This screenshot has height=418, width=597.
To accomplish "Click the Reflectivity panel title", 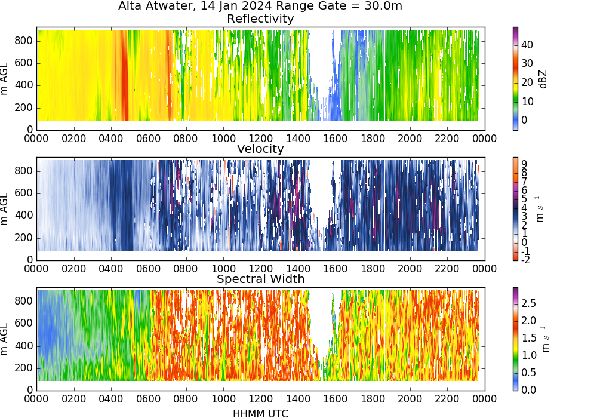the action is click(x=260, y=19).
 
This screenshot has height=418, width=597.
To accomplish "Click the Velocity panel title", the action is click(x=260, y=149).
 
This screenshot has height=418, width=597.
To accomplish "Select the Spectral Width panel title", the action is click(x=260, y=279).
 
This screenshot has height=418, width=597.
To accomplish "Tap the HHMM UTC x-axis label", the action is click(x=260, y=413).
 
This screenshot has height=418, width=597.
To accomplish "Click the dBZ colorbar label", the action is click(x=543, y=79).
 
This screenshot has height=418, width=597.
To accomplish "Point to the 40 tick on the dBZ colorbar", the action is click(x=527, y=45).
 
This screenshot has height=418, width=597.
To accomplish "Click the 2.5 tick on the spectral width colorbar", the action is click(x=528, y=303).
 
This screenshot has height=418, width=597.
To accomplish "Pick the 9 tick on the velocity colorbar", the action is click(x=524, y=164).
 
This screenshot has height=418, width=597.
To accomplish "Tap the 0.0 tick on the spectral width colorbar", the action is click(x=528, y=389).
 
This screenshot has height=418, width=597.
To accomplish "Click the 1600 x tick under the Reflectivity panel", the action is click(x=336, y=138).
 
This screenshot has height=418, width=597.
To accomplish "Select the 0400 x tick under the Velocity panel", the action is click(x=111, y=268).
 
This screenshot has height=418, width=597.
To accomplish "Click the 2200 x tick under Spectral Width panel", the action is click(x=447, y=398).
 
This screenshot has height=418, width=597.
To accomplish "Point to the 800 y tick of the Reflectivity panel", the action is click(x=24, y=41).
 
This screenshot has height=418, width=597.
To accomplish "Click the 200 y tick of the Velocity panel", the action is click(x=24, y=238).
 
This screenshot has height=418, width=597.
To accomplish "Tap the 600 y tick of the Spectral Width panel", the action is click(x=24, y=324).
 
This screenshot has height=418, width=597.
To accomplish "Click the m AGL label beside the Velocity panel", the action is click(x=5, y=208).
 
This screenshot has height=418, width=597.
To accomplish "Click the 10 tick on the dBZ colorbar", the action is click(x=527, y=102).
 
